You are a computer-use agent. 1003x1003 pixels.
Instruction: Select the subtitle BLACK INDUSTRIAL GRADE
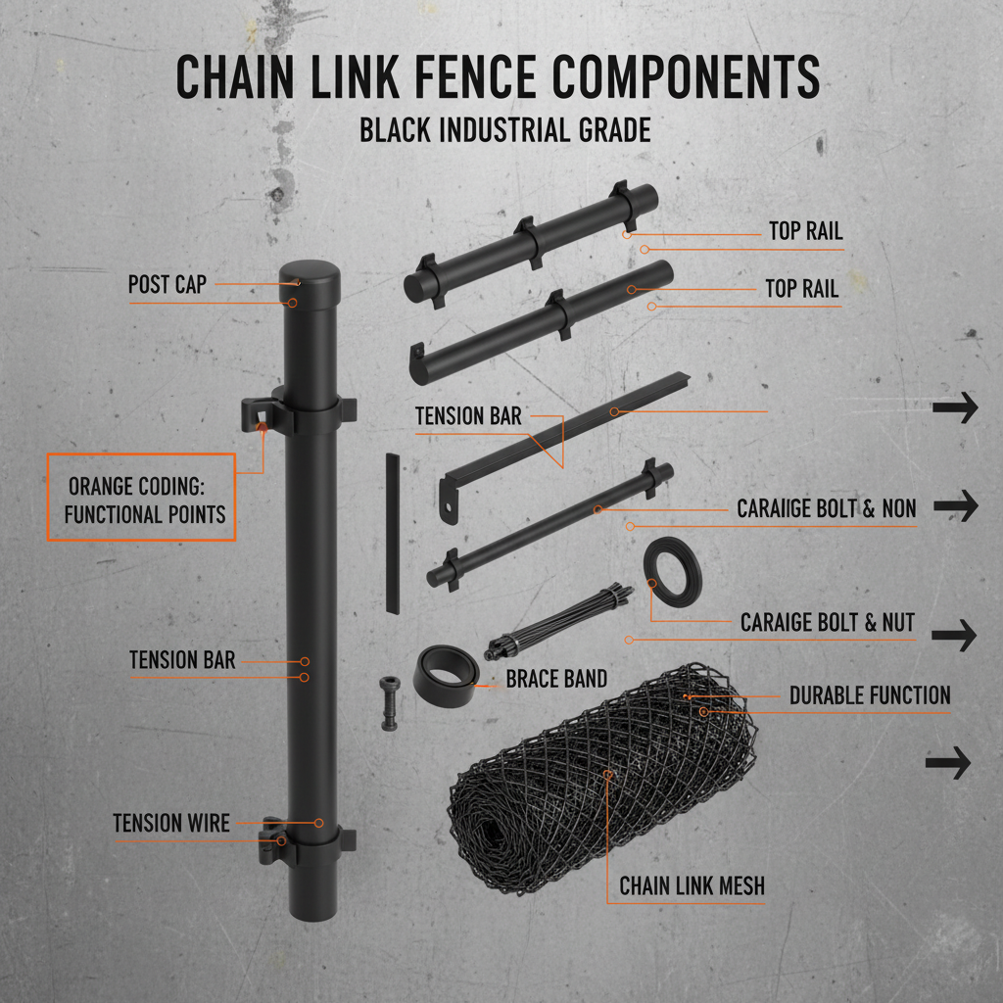coord(504,129)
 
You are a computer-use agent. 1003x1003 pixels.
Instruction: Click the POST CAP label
coord(167,285)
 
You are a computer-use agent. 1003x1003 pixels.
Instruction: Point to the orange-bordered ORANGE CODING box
coord(142,498)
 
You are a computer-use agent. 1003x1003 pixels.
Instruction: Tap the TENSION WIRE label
coord(171,824)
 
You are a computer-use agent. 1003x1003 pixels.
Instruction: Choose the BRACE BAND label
coord(556,678)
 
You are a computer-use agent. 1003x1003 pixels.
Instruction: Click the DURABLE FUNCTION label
coord(869,695)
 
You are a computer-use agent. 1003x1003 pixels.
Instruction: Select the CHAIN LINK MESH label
coord(692,886)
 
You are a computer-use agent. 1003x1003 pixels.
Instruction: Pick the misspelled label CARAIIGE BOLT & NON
coord(826,508)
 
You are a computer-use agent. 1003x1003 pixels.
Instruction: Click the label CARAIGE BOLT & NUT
coord(827,622)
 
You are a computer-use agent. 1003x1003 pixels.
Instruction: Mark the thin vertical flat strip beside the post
coord(393,534)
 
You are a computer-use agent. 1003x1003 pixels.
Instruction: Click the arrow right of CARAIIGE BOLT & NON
coord(956,506)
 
